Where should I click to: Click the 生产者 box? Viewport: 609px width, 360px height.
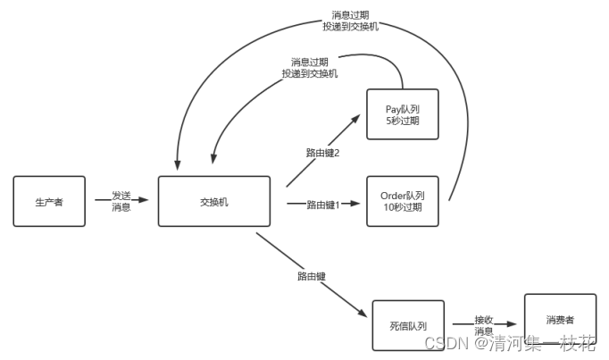point(50,201)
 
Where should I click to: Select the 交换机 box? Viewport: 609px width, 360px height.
point(214,202)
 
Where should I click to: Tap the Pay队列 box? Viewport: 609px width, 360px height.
point(404,113)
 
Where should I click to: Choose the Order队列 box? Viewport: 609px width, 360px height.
point(404,202)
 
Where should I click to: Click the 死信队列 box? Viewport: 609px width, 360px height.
point(408,325)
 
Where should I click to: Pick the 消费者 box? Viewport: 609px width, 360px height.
point(560,319)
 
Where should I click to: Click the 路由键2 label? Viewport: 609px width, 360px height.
point(323,153)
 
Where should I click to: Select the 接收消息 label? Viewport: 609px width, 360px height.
point(483,324)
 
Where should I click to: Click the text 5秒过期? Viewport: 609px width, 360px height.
point(404,120)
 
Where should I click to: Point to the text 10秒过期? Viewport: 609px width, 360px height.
point(404,208)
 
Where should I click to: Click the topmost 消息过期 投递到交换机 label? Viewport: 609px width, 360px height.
point(350,21)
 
